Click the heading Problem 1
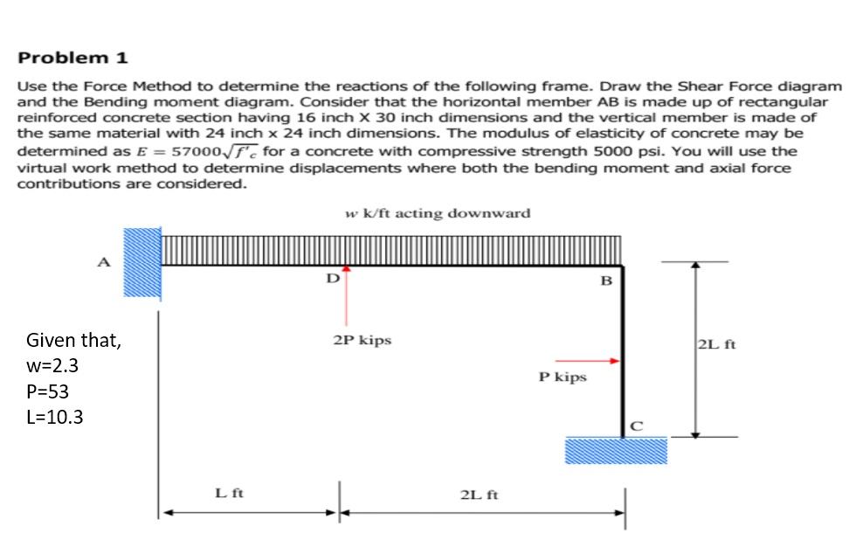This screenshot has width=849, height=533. [73, 59]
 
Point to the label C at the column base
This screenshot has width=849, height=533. [636, 426]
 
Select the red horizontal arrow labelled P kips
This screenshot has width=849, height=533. [588, 359]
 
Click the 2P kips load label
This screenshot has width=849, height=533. [362, 340]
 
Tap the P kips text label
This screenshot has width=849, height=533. [563, 377]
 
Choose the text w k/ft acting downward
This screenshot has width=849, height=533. [438, 213]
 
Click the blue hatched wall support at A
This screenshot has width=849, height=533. [141, 263]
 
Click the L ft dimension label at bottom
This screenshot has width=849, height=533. [230, 494]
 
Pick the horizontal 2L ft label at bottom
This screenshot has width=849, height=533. [478, 495]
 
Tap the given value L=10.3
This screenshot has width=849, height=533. [55, 417]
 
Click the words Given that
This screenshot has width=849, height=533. [74, 340]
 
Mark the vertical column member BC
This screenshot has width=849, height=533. [623, 350]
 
